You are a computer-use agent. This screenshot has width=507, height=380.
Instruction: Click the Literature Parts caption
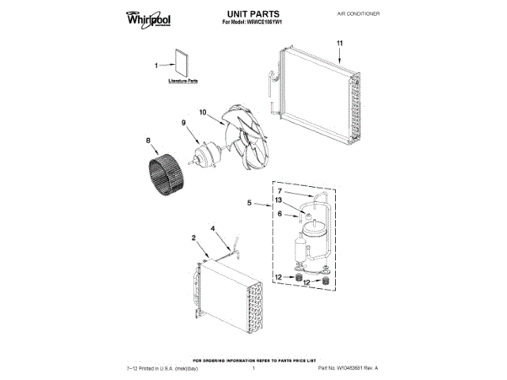(182, 82)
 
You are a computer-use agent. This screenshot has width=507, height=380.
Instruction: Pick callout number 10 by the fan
(202, 113)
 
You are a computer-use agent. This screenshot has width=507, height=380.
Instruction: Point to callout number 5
(250, 203)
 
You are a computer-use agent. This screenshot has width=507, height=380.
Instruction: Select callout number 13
(279, 200)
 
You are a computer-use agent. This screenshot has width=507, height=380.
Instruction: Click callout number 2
(193, 237)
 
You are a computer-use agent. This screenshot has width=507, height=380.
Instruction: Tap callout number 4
(212, 229)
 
